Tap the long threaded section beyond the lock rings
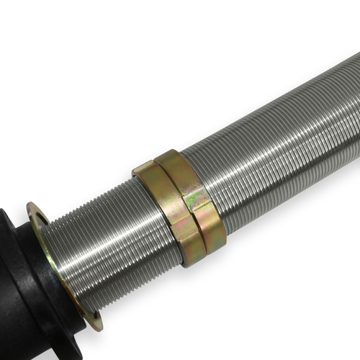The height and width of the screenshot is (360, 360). (x=274, y=144)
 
